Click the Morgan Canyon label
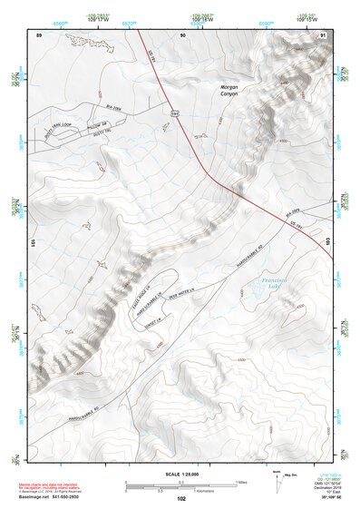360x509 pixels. click(x=229, y=92)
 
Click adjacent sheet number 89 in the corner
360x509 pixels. click(x=40, y=34)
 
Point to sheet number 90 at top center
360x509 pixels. click(x=182, y=34)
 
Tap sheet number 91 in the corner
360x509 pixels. click(x=324, y=34)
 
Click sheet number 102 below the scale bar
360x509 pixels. click(x=181, y=498)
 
